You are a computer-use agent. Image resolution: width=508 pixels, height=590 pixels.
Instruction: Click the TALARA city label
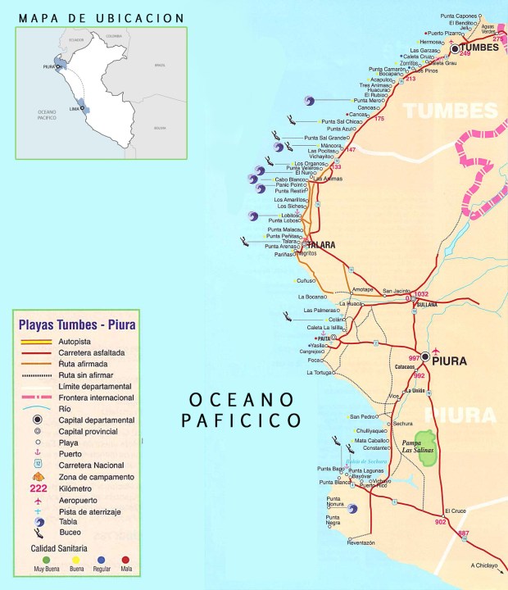(x=321, y=245)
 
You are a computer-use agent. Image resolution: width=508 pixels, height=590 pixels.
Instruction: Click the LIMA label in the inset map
(x=74, y=108)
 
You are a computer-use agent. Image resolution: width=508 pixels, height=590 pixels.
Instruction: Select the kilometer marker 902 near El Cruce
(x=441, y=522)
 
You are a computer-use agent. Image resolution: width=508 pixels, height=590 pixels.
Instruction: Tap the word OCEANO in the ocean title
(x=241, y=400)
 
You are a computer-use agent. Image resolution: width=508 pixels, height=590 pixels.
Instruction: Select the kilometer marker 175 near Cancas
(x=379, y=120)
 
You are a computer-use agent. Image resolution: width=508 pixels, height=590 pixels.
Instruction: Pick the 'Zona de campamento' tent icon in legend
(x=38, y=476)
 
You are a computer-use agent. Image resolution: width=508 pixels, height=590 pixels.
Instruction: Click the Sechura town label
(x=402, y=424)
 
